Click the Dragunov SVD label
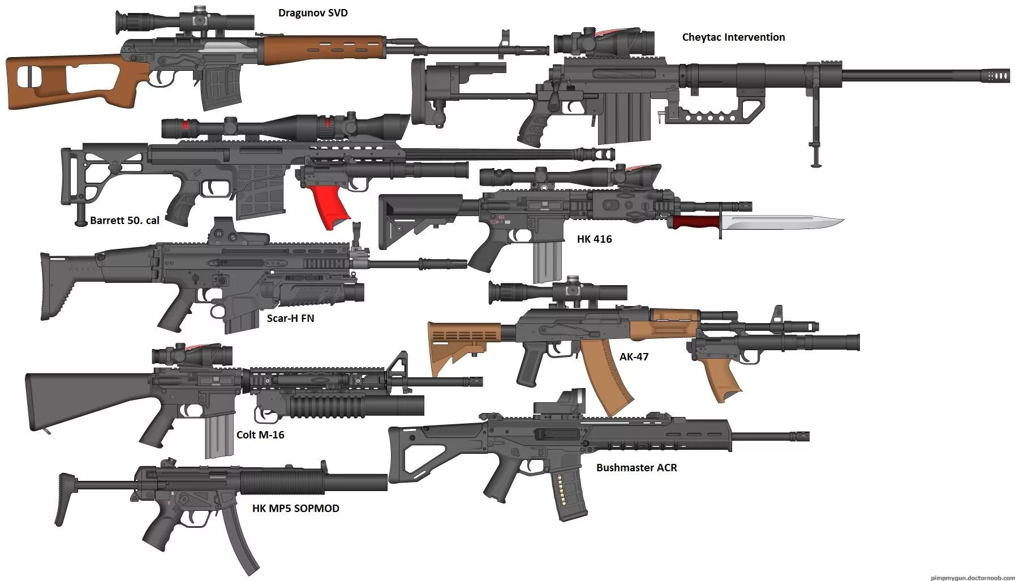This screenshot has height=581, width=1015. (x=312, y=13)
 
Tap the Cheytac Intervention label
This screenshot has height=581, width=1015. (x=733, y=37)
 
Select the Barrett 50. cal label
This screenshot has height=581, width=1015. (x=124, y=221)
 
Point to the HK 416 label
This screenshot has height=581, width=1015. (x=594, y=239)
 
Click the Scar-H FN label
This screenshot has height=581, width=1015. (x=290, y=319)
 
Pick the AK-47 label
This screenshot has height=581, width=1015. (x=634, y=357)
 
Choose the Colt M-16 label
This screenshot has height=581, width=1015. (x=260, y=435)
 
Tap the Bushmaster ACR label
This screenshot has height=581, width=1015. (x=636, y=468)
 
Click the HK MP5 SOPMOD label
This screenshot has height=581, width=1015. (x=295, y=509)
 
